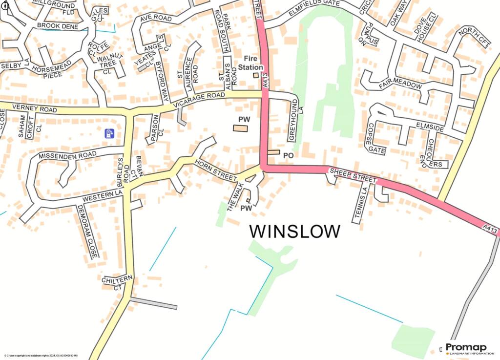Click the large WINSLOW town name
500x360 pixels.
[x=295, y=231]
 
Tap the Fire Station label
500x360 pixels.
[x=253, y=63]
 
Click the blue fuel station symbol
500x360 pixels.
[x=110, y=133]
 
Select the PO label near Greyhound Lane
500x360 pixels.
[x=288, y=155]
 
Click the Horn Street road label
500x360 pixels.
[x=215, y=170]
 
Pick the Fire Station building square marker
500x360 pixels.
[x=255, y=75]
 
